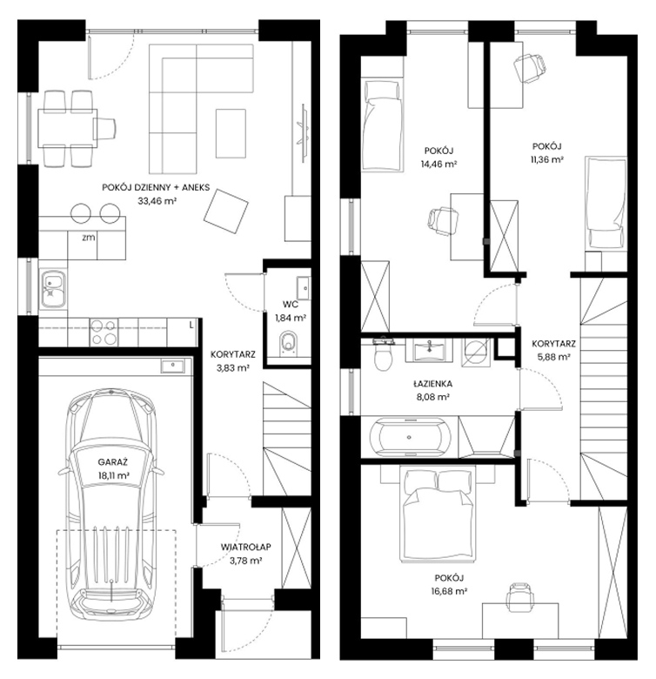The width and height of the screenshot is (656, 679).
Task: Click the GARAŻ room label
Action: tap(112, 462)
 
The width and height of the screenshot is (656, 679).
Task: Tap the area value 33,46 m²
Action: tap(157, 200)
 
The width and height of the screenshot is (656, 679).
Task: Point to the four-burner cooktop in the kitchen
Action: tap(104, 333)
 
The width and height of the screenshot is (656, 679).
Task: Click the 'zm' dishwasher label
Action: tap(88, 238)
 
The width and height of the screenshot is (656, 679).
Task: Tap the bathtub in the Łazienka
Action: tap(410, 437)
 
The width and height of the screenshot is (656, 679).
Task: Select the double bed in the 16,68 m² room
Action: tap(438, 514)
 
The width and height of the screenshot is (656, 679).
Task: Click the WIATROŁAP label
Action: tap(246, 547)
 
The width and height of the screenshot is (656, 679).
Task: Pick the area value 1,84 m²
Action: tap(291, 318)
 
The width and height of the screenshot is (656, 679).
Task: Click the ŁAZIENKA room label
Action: tap(432, 384)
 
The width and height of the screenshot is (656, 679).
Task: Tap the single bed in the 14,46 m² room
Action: tap(383, 125)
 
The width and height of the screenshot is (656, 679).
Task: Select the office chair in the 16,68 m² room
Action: tap(520, 597)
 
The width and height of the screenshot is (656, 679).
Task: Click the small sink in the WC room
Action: tap(304, 288)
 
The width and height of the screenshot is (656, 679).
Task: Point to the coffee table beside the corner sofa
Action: tap(231, 133)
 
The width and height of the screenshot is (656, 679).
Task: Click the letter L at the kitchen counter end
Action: tap(191, 326)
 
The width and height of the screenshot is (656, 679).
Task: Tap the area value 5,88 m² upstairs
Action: tap(553, 357)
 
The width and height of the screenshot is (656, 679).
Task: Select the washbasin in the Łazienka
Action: tap(429, 350)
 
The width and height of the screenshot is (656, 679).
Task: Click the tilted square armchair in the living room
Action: tap(226, 211)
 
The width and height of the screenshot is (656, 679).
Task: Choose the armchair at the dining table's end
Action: tap(105, 128)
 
